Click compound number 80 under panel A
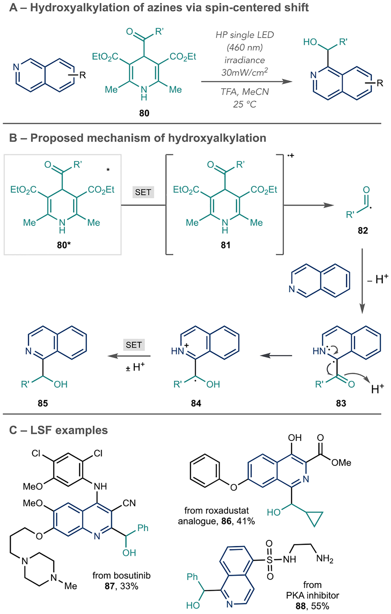pyautogui.click(x=144, y=113)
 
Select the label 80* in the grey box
pyautogui.click(x=64, y=245)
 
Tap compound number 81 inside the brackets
pyautogui.click(x=225, y=245)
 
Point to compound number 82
pyautogui.click(x=362, y=231)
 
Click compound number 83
pyautogui.click(x=341, y=403)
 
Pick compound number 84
pyautogui.click(x=196, y=403)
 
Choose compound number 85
pyautogui.click(x=43, y=403)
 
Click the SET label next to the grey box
pyautogui.click(x=143, y=192)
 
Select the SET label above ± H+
pyautogui.click(x=134, y=345)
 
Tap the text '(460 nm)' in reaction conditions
pyautogui.click(x=245, y=48)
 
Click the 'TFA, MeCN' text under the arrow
pyautogui.click(x=245, y=92)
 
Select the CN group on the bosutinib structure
pyautogui.click(x=129, y=503)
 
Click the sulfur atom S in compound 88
pyautogui.click(x=270, y=559)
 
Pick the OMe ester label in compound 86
pyautogui.click(x=341, y=463)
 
